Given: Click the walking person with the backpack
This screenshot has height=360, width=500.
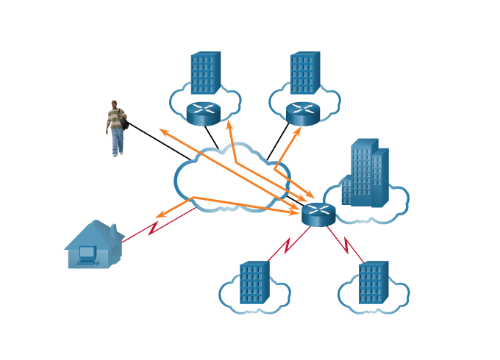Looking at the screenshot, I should pyautogui.click(x=115, y=128).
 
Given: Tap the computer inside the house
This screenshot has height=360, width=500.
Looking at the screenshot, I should pyautogui.click(x=87, y=254).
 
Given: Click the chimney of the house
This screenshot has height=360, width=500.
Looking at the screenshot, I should pyautogui.click(x=113, y=231).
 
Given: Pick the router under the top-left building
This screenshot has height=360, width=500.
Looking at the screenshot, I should pyautogui.click(x=204, y=113).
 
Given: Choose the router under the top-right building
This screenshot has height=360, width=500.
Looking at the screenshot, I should pyautogui.click(x=303, y=113).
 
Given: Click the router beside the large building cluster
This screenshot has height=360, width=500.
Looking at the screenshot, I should pyautogui.click(x=318, y=214).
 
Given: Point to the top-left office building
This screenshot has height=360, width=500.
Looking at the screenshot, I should pyautogui.click(x=205, y=73).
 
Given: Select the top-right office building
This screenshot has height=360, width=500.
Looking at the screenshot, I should pyautogui.click(x=305, y=73).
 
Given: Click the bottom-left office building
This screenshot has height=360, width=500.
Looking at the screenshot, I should pyautogui.click(x=254, y=282).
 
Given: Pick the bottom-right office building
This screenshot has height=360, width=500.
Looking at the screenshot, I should pyautogui.click(x=373, y=282).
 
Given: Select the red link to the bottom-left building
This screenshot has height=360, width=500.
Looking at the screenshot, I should pyautogui.click(x=286, y=244).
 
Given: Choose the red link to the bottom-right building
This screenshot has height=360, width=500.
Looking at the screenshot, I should pyautogui.click(x=346, y=244).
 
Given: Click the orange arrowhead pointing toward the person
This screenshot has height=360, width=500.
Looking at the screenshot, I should pyautogui.click(x=163, y=132).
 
